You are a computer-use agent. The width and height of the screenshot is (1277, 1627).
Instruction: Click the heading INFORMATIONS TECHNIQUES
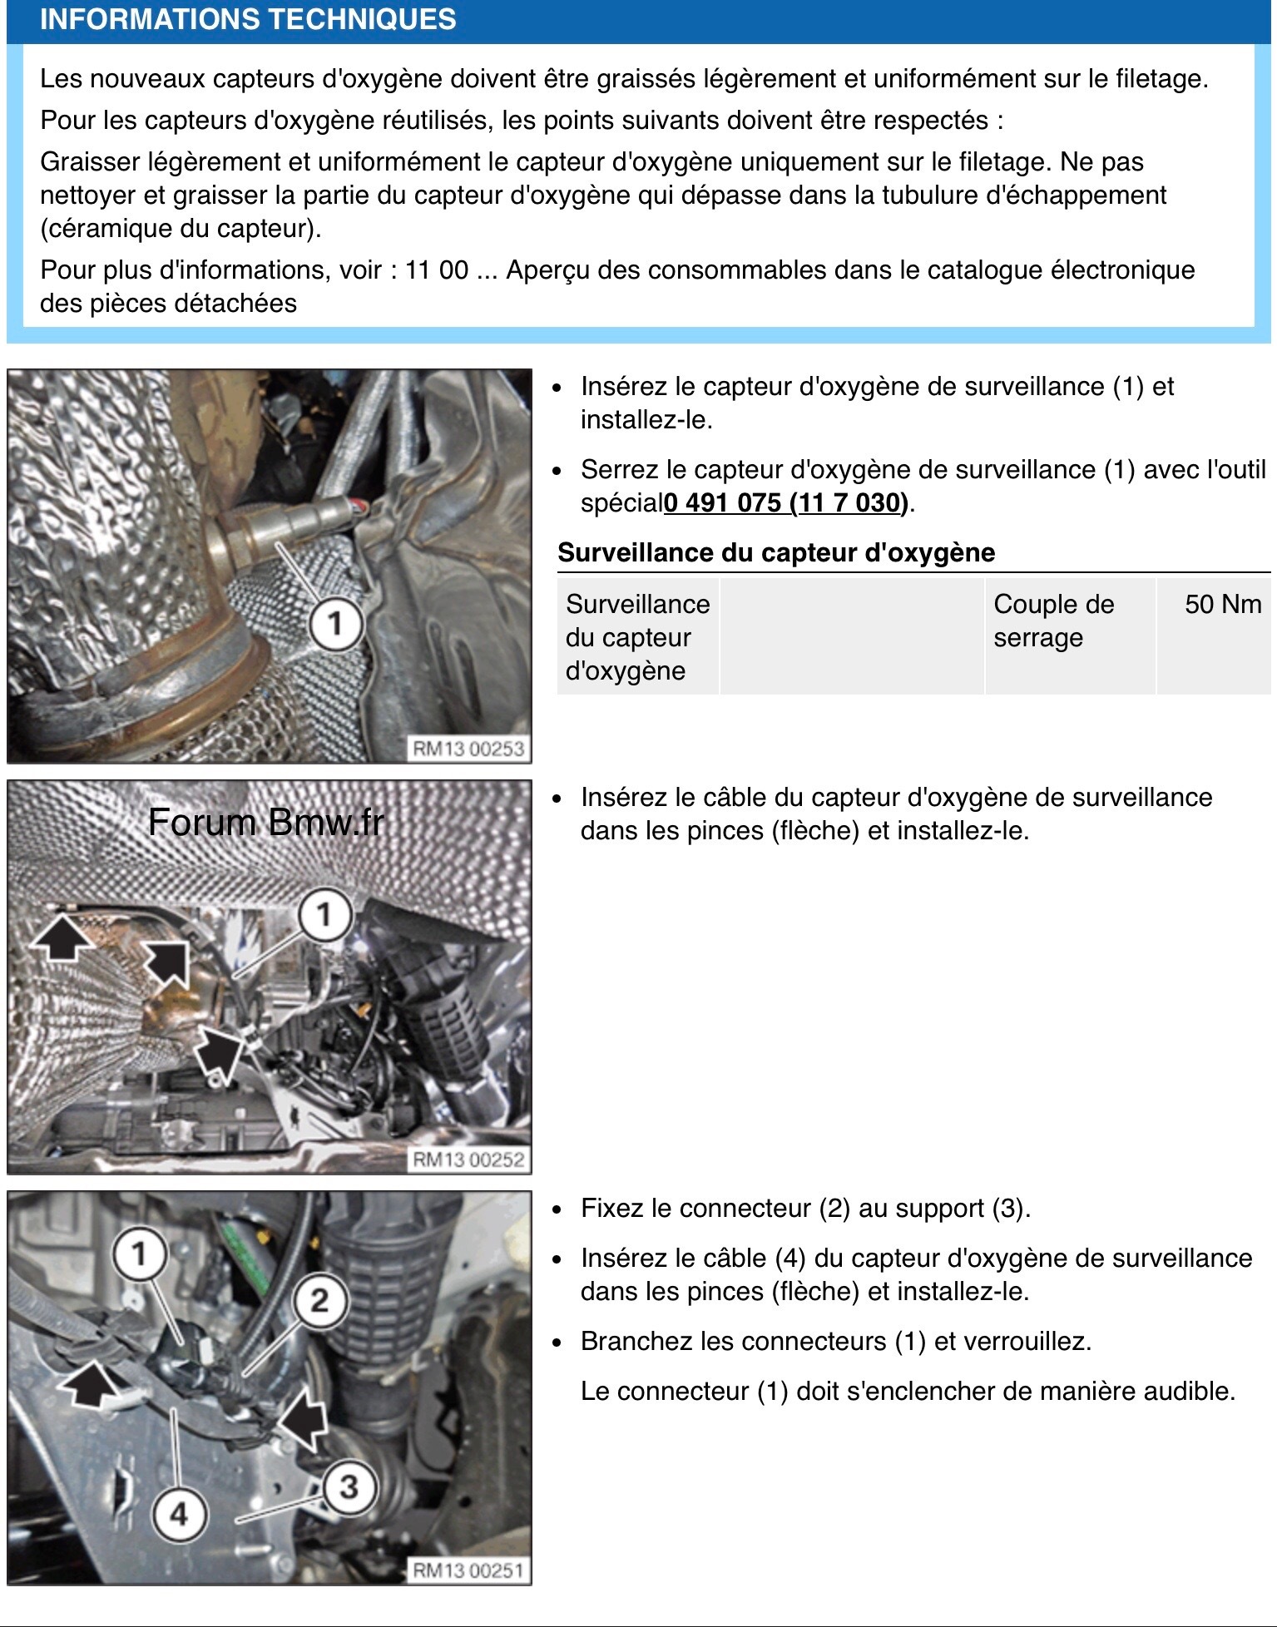tap(248, 19)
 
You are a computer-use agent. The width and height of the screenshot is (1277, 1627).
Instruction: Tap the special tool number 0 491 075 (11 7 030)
tap(786, 503)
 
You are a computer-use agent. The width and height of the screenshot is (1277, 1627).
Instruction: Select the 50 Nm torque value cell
tap(1222, 605)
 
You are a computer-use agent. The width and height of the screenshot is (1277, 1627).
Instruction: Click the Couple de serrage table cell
tap(1053, 621)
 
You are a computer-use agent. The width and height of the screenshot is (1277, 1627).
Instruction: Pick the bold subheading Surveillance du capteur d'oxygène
tap(776, 553)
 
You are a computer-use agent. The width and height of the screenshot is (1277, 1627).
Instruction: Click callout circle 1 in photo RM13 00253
tap(335, 623)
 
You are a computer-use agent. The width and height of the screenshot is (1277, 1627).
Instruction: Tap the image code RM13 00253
tap(468, 749)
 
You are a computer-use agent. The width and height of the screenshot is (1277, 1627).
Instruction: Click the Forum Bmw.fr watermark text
tap(265, 823)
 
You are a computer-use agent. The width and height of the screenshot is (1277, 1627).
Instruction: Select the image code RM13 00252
tap(468, 1160)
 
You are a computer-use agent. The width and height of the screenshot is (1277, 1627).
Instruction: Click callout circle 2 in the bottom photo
tap(319, 1300)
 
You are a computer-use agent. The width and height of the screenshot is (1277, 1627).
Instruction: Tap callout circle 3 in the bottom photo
tap(349, 1486)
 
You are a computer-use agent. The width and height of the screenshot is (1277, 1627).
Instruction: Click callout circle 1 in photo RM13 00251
tap(140, 1254)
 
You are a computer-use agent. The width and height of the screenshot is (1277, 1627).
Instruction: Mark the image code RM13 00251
tap(468, 1570)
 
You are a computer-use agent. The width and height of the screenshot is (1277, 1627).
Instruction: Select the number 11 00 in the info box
tap(437, 270)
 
